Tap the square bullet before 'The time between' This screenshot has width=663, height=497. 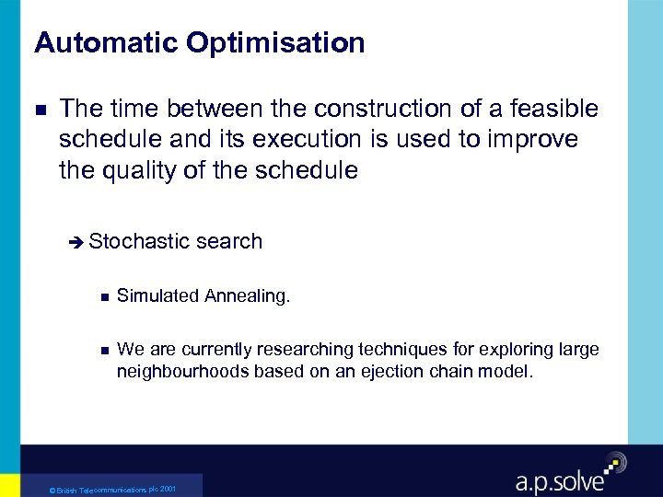click(x=40, y=110)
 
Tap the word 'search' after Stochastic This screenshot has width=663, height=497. click(x=229, y=242)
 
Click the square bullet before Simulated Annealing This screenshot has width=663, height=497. click(x=102, y=296)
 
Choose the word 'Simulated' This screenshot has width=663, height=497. click(x=157, y=295)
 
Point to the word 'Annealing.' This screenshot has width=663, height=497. click(x=247, y=296)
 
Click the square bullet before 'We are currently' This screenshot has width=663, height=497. click(x=102, y=350)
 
